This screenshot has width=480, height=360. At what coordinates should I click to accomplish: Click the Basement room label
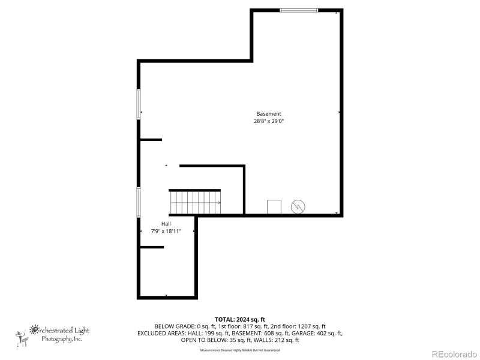click(x=268, y=114)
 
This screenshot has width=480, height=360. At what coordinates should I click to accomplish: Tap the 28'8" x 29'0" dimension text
click(x=268, y=121)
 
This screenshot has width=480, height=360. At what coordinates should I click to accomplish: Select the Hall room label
click(x=166, y=224)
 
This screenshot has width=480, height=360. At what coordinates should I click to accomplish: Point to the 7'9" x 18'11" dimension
click(x=166, y=231)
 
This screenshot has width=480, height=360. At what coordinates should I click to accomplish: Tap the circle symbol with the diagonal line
click(x=298, y=206)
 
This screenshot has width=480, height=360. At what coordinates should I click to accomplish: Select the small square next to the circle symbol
click(x=274, y=206)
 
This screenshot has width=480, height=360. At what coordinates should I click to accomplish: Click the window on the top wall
click(x=299, y=10)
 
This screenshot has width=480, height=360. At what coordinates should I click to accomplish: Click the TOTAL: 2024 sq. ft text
click(x=240, y=319)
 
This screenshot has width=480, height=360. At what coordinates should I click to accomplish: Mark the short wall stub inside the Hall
click(x=151, y=247)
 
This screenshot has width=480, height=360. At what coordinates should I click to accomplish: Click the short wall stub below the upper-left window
click(x=151, y=140)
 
